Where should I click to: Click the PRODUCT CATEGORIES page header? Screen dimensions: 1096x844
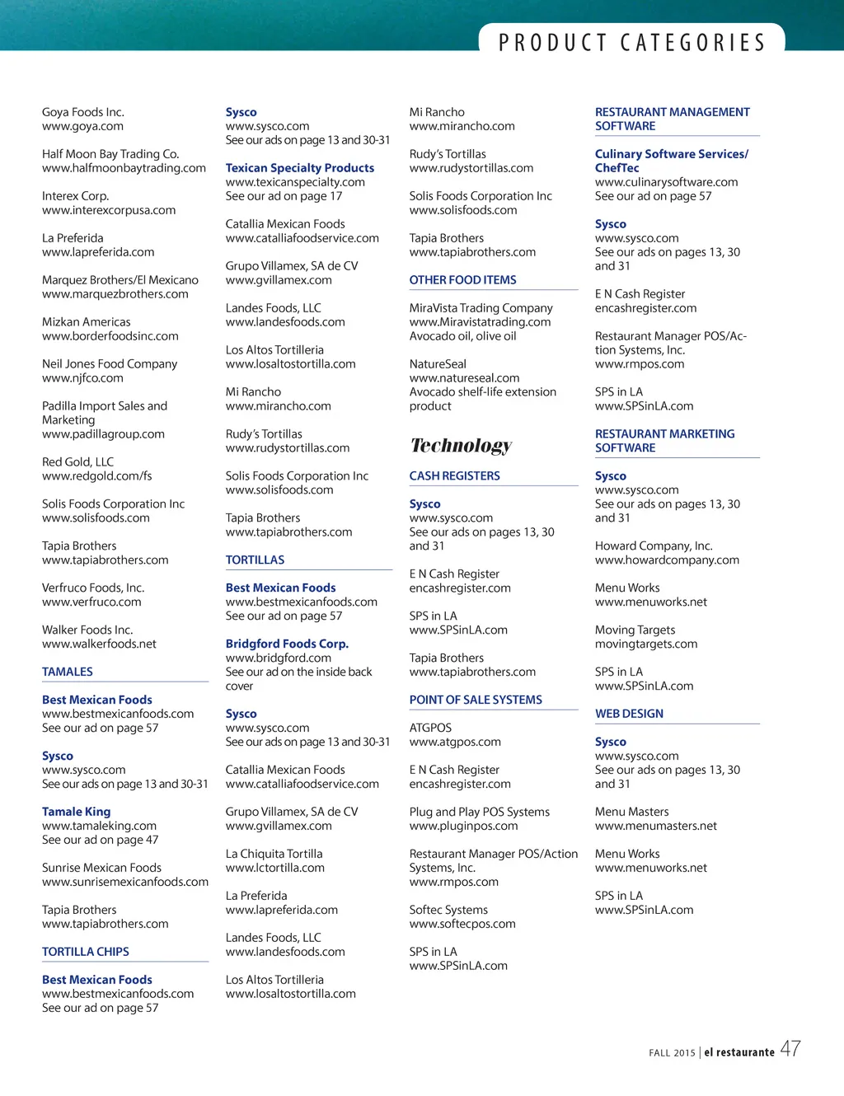(x=631, y=42)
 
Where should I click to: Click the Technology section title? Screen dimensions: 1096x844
(x=461, y=446)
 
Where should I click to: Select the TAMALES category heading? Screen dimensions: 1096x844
(x=68, y=672)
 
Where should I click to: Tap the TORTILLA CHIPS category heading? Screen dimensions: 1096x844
(x=86, y=952)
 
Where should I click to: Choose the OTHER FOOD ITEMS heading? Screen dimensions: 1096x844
(x=462, y=280)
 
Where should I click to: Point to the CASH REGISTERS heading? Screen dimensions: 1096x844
(x=454, y=476)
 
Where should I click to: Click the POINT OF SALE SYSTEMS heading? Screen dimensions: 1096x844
(x=476, y=700)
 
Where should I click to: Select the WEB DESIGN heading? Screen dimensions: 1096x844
(x=629, y=714)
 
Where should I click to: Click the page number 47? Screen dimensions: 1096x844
(x=790, y=1049)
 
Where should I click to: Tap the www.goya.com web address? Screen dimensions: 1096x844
(x=82, y=126)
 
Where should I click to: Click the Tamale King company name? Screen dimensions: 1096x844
(x=76, y=812)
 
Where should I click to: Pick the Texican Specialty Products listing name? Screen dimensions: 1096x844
(x=299, y=168)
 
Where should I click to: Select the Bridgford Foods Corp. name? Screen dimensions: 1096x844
(x=287, y=644)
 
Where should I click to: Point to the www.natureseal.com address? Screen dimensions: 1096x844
(x=464, y=378)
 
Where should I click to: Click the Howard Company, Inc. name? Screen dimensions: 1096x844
(x=654, y=546)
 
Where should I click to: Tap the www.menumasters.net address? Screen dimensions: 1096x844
(x=656, y=826)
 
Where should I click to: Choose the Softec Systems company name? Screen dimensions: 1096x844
(x=448, y=910)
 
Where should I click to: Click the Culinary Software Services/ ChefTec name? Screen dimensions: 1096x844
(x=671, y=161)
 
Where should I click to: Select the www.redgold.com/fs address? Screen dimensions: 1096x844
(x=96, y=476)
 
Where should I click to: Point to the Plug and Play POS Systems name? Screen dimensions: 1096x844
(x=479, y=812)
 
